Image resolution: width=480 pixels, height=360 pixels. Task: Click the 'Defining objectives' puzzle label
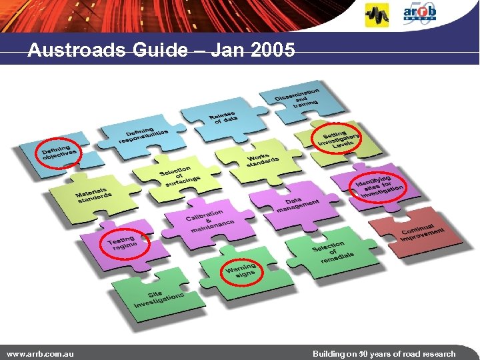[x=59, y=154]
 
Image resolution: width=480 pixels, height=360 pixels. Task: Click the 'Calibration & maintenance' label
[x=207, y=221]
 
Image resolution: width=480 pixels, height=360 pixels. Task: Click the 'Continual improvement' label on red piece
[x=422, y=233]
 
